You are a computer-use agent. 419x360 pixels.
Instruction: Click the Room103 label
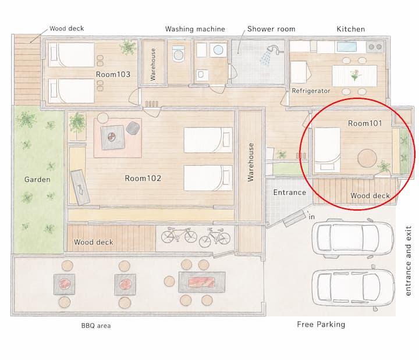click(113, 74)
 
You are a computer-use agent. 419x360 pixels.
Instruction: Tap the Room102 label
click(143, 178)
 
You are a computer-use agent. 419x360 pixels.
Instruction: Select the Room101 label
click(365, 123)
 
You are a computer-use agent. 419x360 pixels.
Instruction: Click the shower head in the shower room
click(274, 49)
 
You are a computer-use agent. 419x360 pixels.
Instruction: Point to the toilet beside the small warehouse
click(179, 54)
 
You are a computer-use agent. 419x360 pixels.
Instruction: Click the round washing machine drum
click(218, 49)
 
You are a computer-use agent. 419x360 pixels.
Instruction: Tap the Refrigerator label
click(311, 91)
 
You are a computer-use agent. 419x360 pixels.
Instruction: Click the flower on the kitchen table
click(355, 75)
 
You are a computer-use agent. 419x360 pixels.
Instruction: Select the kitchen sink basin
click(347, 47)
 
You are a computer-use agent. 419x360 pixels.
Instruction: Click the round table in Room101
click(367, 158)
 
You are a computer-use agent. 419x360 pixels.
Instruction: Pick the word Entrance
click(290, 193)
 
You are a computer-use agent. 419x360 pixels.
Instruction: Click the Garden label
click(37, 179)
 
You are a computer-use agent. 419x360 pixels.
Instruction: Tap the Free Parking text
click(321, 324)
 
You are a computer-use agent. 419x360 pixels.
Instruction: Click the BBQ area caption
click(96, 326)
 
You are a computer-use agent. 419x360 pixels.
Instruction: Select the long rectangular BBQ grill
click(202, 282)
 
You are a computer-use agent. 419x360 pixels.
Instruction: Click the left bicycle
click(179, 235)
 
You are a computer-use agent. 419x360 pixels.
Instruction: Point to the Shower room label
click(271, 29)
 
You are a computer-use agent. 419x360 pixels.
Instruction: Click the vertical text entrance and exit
click(408, 261)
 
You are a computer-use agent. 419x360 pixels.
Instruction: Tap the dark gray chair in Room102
click(133, 128)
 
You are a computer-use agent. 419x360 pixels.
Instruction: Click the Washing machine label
click(195, 29)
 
